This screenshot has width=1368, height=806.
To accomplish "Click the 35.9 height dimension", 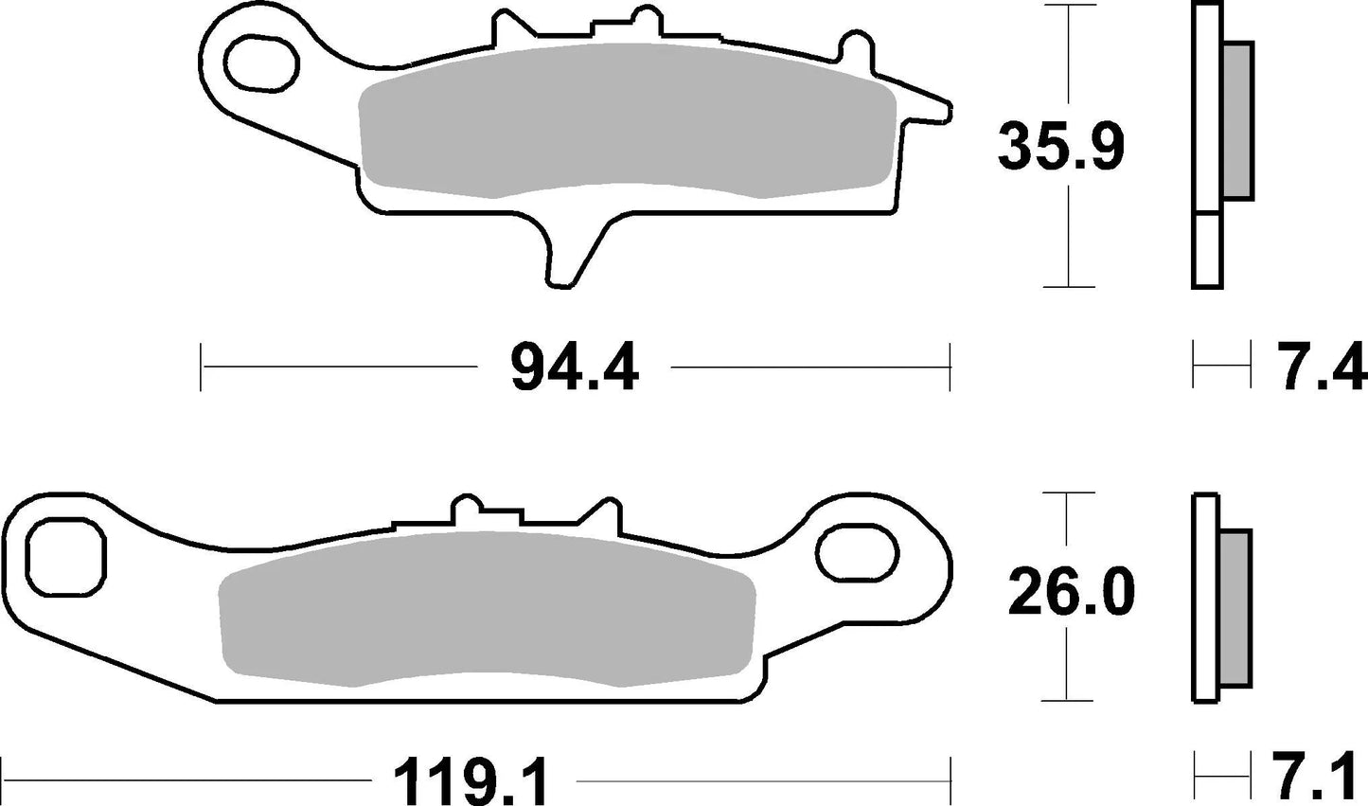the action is point(1061,148).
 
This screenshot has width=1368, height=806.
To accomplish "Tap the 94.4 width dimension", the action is point(575,367).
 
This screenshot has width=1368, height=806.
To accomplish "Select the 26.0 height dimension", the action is point(1071,592).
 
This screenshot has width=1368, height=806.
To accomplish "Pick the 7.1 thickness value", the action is point(1321,779).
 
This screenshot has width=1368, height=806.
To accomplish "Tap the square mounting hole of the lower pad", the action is point(66,556).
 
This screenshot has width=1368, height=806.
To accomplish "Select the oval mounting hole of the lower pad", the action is point(858,554).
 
